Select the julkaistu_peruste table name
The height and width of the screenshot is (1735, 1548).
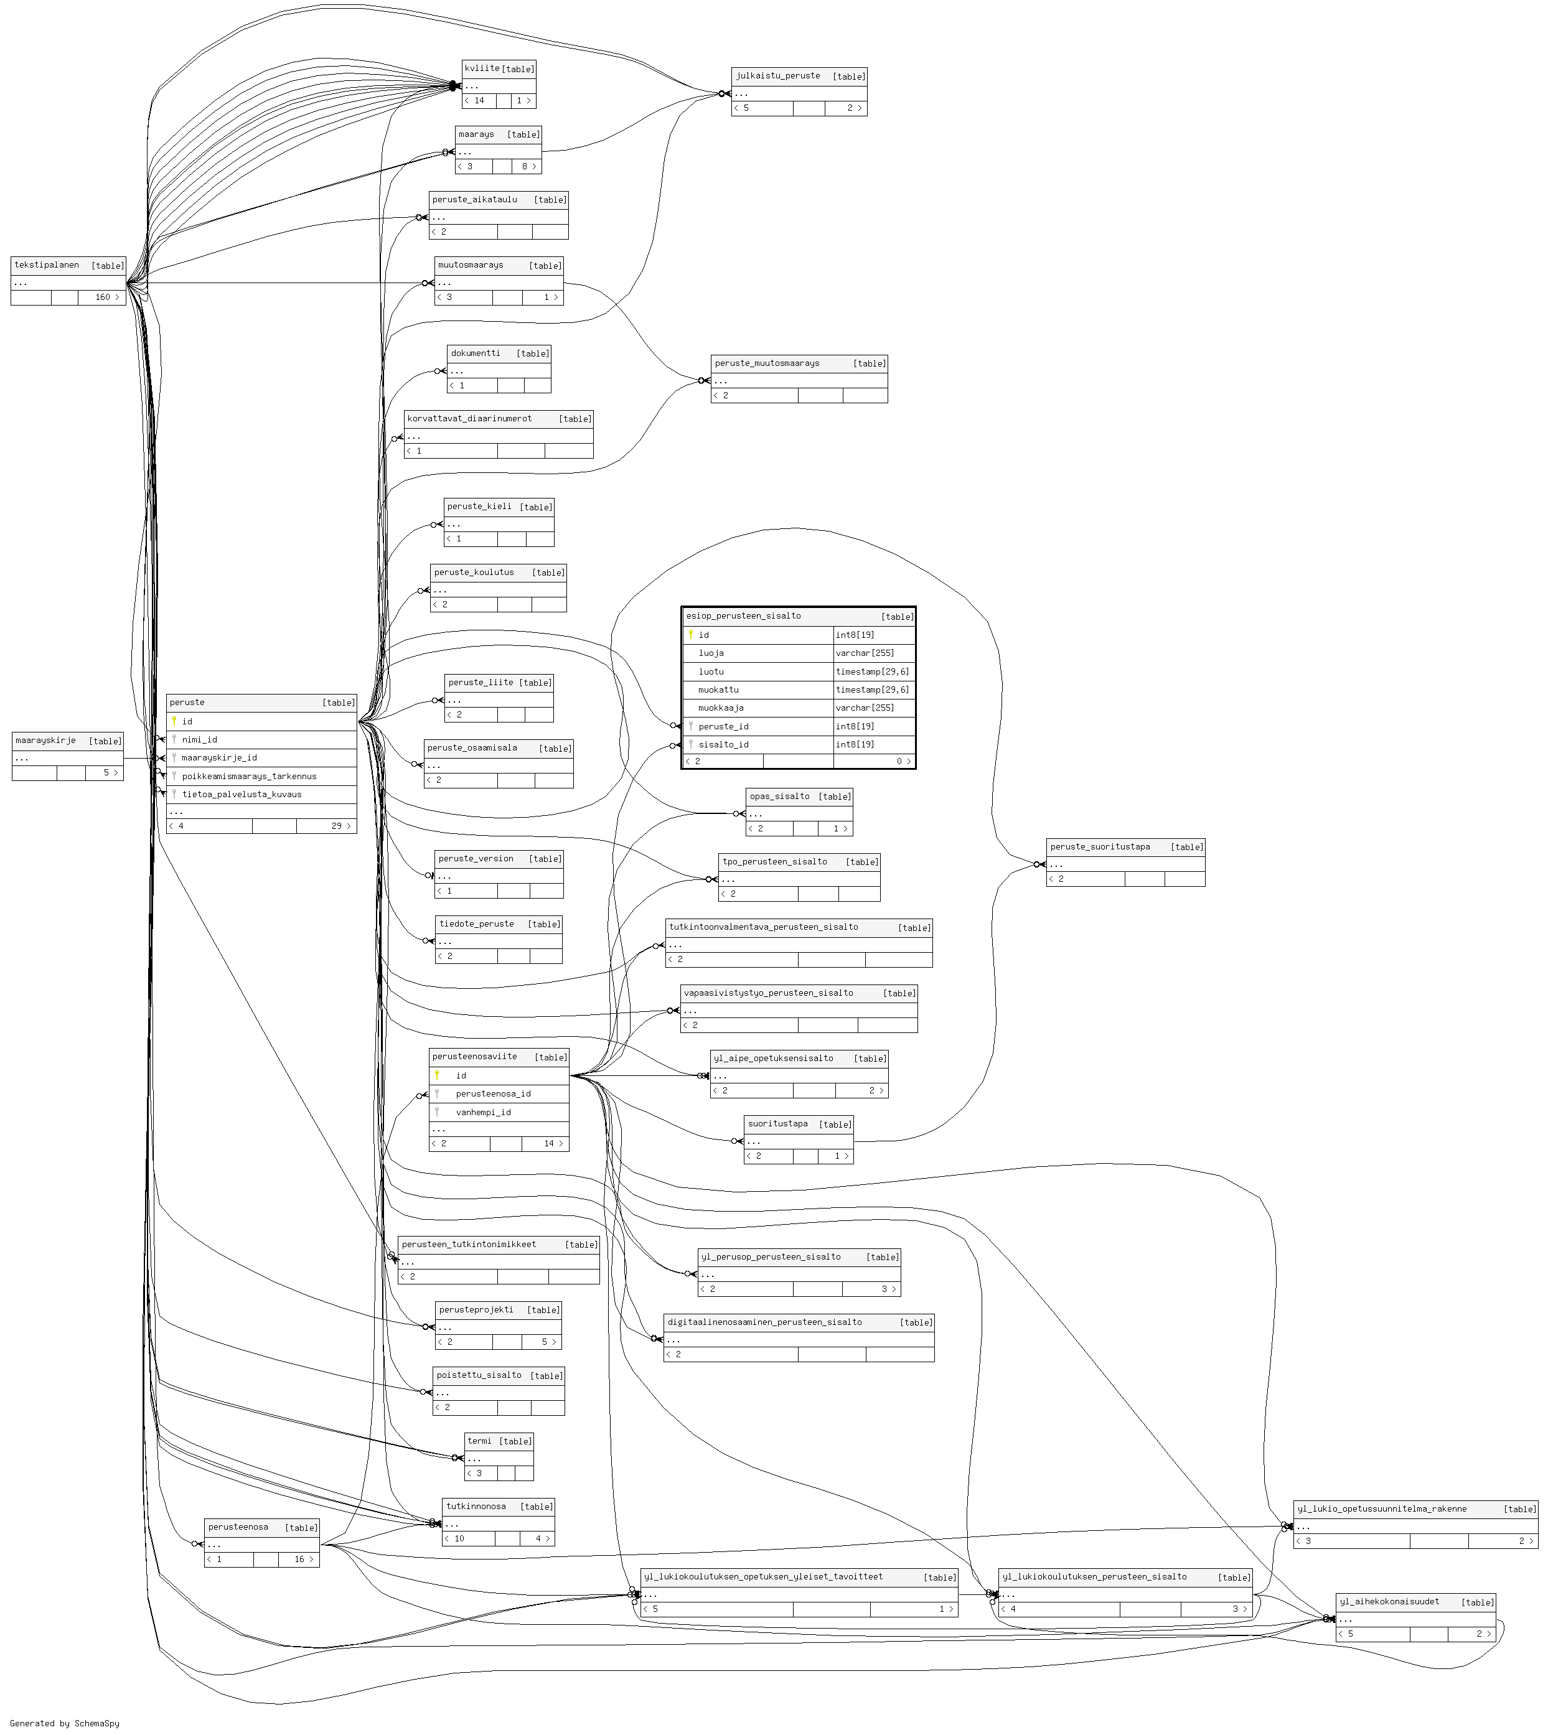tap(777, 76)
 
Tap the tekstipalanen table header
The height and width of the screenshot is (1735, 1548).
tap(47, 264)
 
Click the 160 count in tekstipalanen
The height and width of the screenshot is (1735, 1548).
tap(103, 297)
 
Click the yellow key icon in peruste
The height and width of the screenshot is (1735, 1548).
tap(174, 721)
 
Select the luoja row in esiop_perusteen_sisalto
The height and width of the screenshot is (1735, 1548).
tap(711, 653)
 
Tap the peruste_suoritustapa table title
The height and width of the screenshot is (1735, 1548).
tap(1100, 846)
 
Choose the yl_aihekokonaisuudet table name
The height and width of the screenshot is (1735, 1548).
tap(1389, 1601)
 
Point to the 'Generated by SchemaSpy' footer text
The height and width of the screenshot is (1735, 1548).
tap(65, 1723)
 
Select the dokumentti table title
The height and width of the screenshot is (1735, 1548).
tap(476, 353)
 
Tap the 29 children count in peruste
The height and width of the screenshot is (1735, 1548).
tap(337, 826)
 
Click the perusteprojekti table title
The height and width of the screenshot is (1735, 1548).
tap(476, 1310)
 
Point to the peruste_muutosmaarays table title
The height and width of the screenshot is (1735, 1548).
tap(767, 363)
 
